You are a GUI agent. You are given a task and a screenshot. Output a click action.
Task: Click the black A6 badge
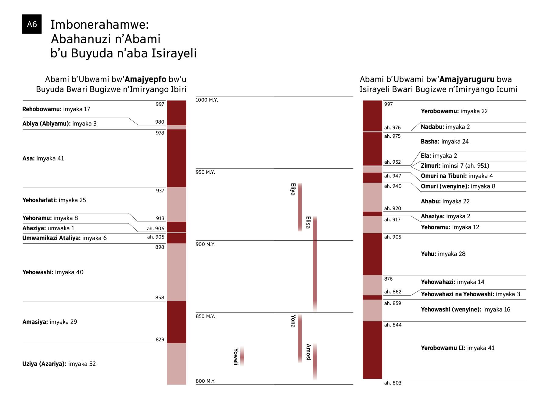[x=32, y=24]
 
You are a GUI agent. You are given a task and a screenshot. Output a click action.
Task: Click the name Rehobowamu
[x=42, y=109]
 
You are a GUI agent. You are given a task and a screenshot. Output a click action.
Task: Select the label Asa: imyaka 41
[x=43, y=158]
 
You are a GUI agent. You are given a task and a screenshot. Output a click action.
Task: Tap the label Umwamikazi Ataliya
[x=51, y=238]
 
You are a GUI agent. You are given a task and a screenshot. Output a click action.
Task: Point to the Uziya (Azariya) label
[x=44, y=364]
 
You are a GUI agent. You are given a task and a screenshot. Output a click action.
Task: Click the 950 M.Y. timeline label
[x=205, y=172]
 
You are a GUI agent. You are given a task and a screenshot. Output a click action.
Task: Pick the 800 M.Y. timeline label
[x=206, y=381]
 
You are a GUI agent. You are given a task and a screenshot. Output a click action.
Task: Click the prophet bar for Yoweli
[x=242, y=356]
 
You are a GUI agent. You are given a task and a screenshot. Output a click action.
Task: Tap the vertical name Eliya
[x=293, y=189]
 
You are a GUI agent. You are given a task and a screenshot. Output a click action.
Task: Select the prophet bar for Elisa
[x=315, y=264]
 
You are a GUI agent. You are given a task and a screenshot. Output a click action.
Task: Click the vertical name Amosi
[x=308, y=352]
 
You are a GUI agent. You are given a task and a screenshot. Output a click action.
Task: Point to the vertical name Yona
[x=293, y=321]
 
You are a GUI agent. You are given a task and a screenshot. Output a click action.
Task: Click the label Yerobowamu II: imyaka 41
[x=458, y=348]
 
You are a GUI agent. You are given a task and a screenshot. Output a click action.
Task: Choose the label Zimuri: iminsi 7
[x=444, y=166]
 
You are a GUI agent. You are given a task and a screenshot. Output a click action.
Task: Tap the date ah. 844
[x=393, y=325]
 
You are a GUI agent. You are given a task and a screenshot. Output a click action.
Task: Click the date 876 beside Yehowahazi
[x=388, y=279]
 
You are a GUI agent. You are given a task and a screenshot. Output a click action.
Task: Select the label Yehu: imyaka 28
[x=443, y=254]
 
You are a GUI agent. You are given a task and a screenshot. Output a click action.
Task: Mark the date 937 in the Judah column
[x=160, y=191]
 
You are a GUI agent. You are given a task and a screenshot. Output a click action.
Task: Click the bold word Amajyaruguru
[x=467, y=79]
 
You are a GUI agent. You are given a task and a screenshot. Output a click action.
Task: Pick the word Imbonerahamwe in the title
[x=100, y=24]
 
